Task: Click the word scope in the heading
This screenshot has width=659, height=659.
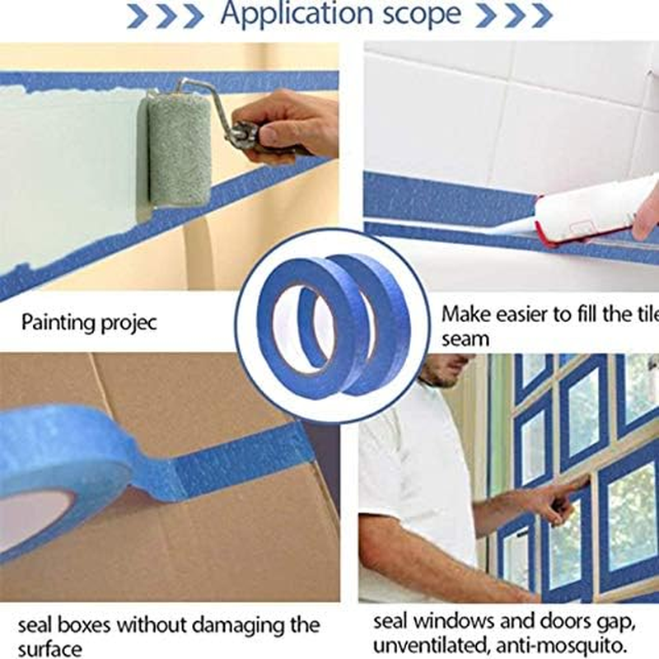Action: tap(421, 15)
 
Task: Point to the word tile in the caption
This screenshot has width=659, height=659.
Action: tap(629, 314)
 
